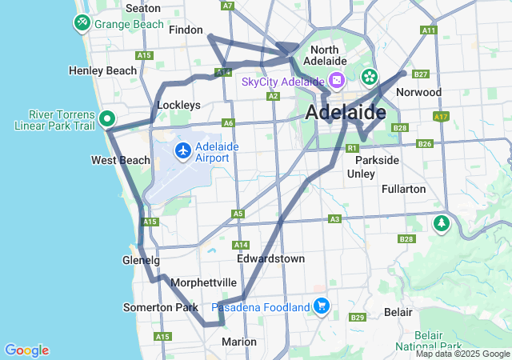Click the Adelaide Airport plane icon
point(183,150)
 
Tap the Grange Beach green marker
point(82,23)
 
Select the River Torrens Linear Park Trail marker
point(107,120)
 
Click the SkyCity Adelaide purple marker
point(337,81)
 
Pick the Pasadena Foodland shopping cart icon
point(322,306)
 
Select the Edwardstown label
point(270,259)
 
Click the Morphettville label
point(203,282)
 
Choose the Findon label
point(186,30)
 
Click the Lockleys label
point(178,105)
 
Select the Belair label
point(398,310)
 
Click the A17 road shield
point(440,117)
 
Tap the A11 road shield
point(429,30)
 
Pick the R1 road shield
point(352,148)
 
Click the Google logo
point(26,350)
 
